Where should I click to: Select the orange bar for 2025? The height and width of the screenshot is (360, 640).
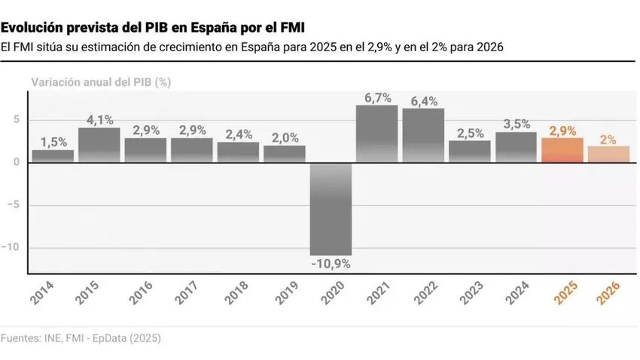point(562,150)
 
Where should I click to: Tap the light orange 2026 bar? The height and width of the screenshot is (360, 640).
point(608,154)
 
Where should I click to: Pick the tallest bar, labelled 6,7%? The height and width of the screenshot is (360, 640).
point(376,133)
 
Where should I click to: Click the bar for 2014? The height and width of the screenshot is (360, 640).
point(53,156)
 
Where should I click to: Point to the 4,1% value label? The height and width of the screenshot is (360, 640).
point(99,119)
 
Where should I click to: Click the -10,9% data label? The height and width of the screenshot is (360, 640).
point(331,264)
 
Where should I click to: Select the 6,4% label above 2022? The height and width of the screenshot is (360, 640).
point(423,101)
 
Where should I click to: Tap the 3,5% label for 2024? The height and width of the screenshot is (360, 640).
point(516,124)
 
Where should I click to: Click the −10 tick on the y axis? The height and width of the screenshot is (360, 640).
point(14,248)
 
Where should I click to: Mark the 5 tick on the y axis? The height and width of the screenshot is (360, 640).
point(17,120)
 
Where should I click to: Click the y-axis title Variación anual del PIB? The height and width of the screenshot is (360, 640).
point(101,83)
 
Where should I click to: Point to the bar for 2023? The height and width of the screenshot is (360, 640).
point(469,151)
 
